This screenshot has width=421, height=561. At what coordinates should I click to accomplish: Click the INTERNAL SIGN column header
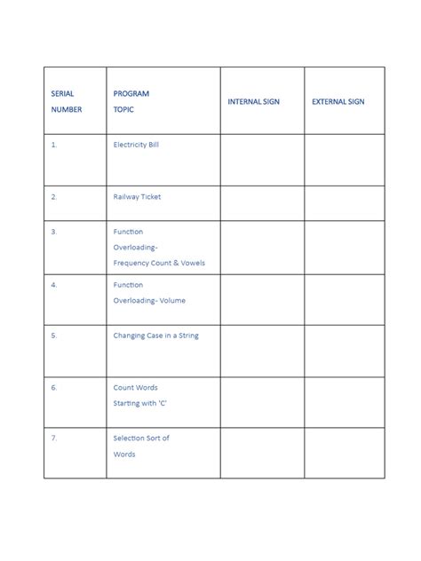pos(253,102)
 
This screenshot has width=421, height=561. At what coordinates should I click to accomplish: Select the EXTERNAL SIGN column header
pos(338,102)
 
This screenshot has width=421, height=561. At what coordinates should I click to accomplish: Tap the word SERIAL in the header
pos(63,93)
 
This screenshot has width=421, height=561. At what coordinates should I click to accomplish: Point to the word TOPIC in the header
pos(124,109)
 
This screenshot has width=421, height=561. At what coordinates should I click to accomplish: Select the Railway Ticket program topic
pos(137,197)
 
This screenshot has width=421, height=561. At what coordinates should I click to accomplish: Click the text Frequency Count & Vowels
pos(165,264)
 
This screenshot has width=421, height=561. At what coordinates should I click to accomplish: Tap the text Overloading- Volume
pos(149,301)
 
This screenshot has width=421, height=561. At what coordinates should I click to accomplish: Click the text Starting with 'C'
pos(139,404)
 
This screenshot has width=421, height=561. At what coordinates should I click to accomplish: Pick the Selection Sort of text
pos(141,438)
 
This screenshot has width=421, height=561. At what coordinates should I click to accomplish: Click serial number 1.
pos(54,144)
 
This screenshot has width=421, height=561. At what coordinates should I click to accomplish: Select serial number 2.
pos(54,197)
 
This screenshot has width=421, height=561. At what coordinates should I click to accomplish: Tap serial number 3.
pos(54,232)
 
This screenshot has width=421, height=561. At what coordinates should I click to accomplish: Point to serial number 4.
pos(54,285)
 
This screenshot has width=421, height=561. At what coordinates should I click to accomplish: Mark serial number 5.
pos(54,336)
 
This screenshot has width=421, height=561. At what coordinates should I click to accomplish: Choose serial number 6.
pos(54,388)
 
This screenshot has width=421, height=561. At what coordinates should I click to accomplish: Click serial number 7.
pos(54,438)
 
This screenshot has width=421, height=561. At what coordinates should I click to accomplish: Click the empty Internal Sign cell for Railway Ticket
pos(262,203)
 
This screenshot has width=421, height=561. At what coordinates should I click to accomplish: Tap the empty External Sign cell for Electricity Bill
pos(344,160)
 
